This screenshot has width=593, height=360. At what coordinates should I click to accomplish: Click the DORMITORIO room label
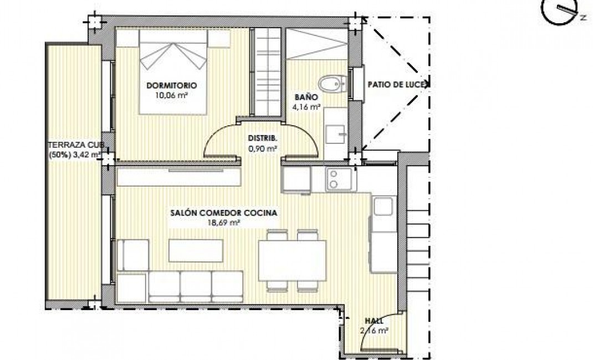pyautogui.click(x=172, y=85)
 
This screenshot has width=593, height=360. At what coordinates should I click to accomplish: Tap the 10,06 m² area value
pyautogui.click(x=172, y=94)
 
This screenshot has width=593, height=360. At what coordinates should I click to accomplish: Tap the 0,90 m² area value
pyautogui.click(x=262, y=148)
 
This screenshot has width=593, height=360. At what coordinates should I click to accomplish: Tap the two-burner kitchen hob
pyautogui.click(x=334, y=179)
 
